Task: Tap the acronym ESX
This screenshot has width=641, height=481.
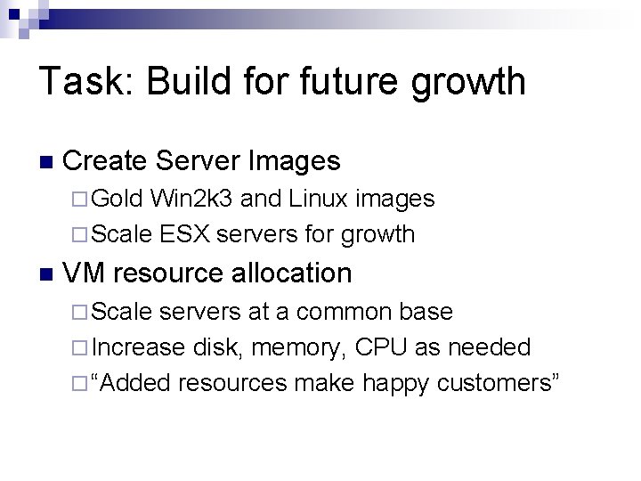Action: [186, 234]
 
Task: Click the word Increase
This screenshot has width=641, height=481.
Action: [138, 346]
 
